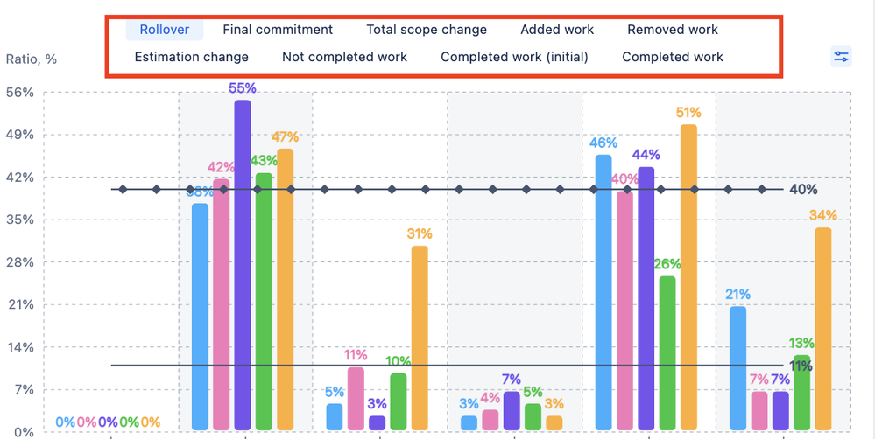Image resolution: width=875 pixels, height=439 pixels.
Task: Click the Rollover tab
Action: coord(164,30)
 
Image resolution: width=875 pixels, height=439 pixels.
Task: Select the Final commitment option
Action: coord(278,30)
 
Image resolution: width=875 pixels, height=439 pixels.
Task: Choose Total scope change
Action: coord(427,30)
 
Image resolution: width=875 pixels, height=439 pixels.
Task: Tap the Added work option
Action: coord(557,30)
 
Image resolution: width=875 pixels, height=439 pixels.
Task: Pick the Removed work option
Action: coord(672,30)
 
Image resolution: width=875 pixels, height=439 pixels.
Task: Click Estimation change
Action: coord(191,57)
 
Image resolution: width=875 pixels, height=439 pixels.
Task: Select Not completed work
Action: coord(344,57)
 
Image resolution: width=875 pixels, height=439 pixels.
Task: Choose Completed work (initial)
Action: coord(514,57)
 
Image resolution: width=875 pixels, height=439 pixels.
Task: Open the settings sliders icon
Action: coord(841,57)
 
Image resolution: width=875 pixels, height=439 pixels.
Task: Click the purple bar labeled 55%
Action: coord(243,262)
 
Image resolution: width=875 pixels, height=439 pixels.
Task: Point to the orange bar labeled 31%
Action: coord(420,337)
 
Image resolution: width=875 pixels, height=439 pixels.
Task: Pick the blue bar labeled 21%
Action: coord(738,367)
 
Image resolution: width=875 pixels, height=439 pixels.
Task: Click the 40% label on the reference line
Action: coord(802,190)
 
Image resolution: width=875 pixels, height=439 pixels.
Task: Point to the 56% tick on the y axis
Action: coord(20,93)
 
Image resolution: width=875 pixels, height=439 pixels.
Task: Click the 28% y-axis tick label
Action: coord(20,262)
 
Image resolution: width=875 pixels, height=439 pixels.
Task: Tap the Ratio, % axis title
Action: coord(32,59)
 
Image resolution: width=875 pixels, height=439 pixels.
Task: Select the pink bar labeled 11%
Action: coord(356,398)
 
